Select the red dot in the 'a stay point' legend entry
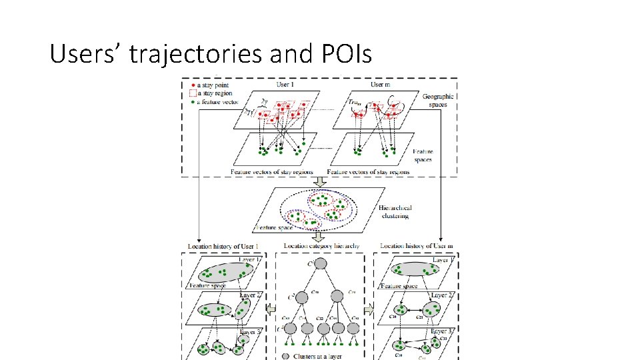[x=193, y=86]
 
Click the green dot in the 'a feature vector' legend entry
[x=193, y=101]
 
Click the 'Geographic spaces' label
[x=438, y=100]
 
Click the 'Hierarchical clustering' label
[x=395, y=211]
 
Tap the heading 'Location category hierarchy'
[x=321, y=247]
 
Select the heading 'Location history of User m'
[x=416, y=247]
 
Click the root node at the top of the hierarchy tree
[x=321, y=263]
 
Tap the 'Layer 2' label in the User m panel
[x=443, y=295]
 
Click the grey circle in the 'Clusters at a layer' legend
[x=287, y=356]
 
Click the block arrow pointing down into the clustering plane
[x=320, y=181]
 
